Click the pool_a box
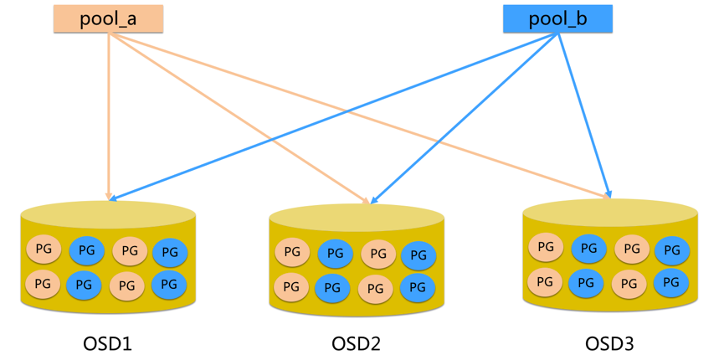tap(108, 18)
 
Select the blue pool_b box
tap(557, 18)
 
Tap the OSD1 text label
tap(107, 343)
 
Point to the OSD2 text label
tap(357, 343)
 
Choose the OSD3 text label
tap(609, 343)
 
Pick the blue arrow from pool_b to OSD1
tap(335, 117)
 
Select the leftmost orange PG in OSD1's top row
tap(44, 249)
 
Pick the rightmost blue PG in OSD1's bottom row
tap(169, 285)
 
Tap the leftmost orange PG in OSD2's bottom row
tap(291, 287)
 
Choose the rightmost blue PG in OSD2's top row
tap(418, 255)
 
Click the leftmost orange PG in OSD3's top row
tap(546, 247)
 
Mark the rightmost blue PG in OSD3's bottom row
tap(671, 283)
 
